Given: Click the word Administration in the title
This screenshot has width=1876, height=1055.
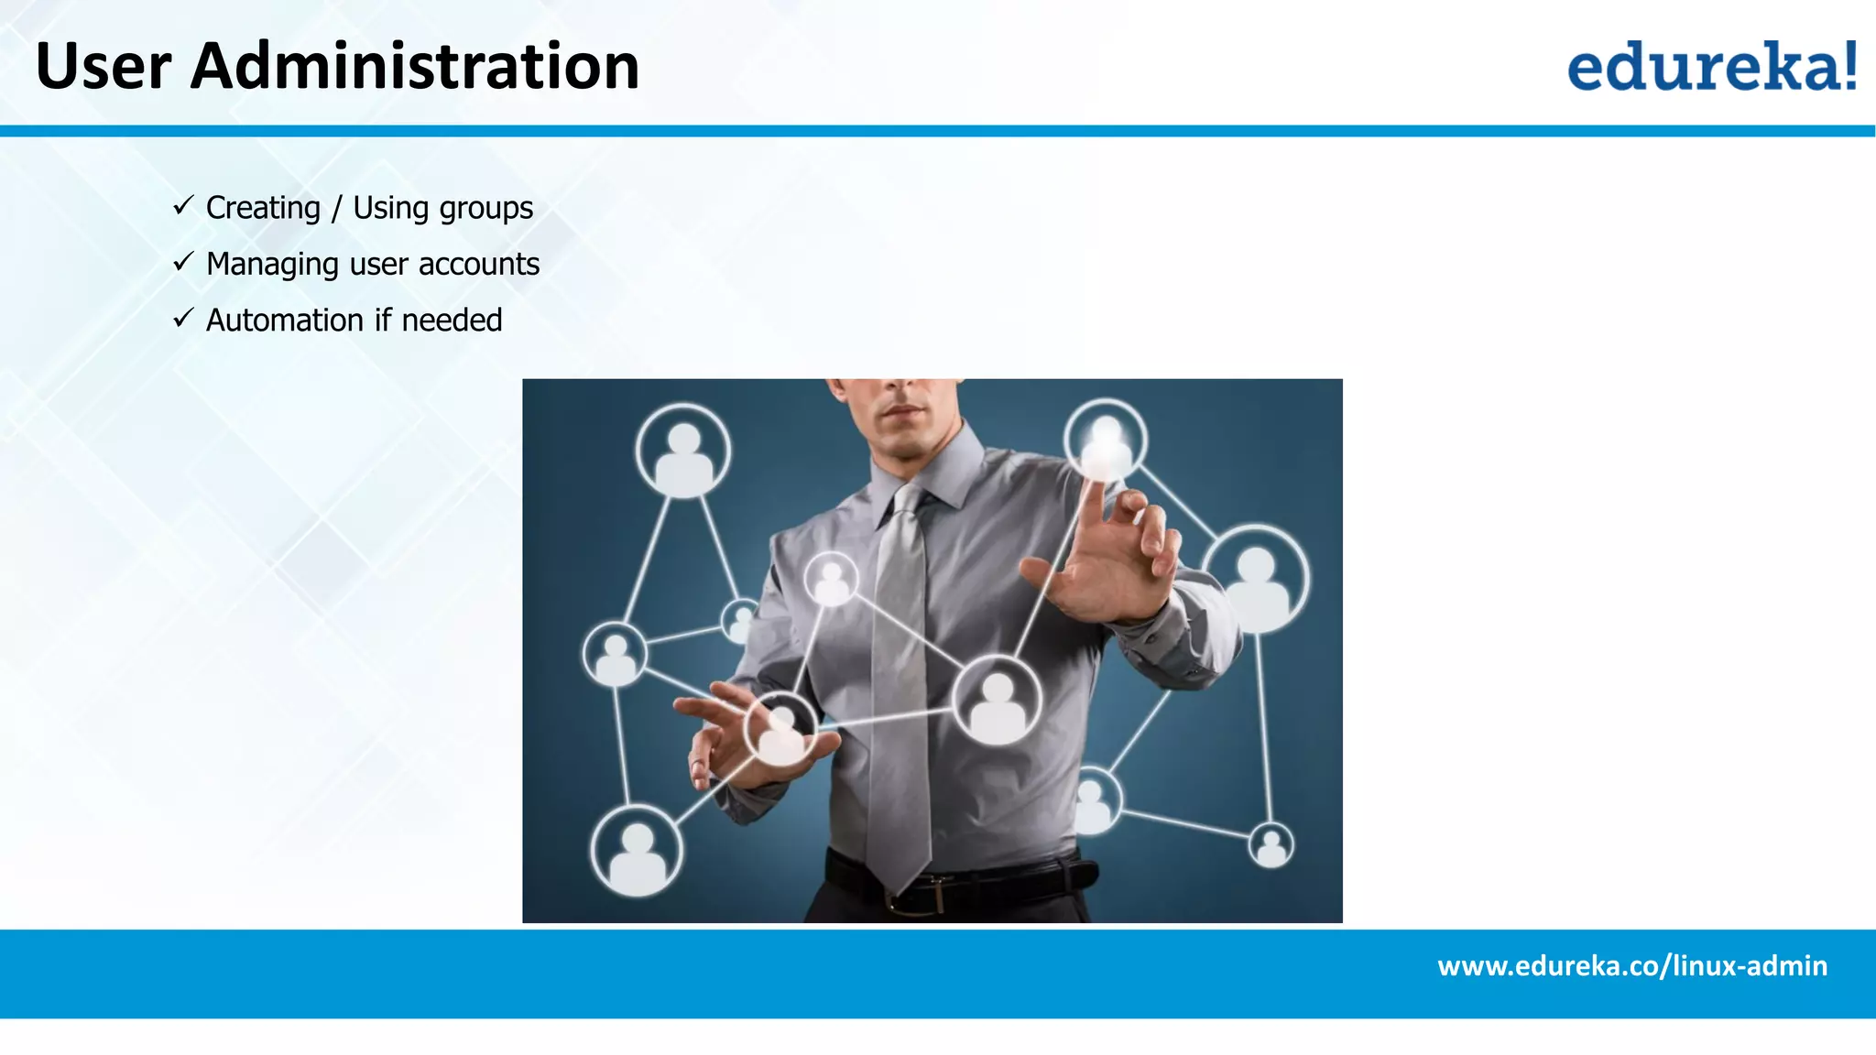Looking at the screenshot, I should [414, 67].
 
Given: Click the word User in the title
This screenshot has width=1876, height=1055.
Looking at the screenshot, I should [103, 67].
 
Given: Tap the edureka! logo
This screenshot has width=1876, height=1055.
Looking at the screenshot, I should [1711, 66].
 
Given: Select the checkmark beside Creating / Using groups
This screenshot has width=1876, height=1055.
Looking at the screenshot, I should [183, 206].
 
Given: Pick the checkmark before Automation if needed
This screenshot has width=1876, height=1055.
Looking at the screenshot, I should [183, 319].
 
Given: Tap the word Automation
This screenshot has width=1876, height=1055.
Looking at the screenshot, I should [285, 321].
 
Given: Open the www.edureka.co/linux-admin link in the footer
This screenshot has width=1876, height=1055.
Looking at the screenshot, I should [1631, 966].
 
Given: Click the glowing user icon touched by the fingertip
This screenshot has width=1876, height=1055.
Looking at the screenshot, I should [1106, 440].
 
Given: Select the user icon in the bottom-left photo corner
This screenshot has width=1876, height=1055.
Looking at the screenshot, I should [637, 851].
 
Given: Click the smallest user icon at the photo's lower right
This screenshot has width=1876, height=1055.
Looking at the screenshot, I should [1271, 844].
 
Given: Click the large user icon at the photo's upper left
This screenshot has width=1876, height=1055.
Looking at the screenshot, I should [683, 451].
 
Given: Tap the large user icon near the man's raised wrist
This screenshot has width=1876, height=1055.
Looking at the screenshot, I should [1256, 578].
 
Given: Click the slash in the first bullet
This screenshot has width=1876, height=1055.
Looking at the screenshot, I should [336, 209].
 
